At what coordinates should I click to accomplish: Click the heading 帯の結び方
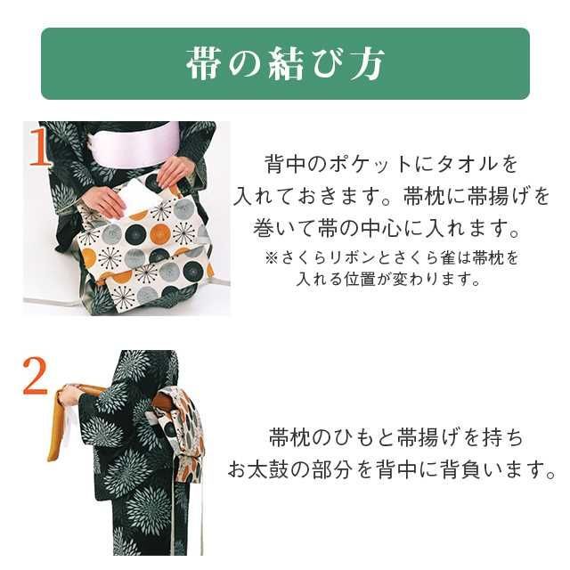pos(285,63)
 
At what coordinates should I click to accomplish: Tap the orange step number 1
pos(39,149)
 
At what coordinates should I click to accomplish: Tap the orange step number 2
pos(34,378)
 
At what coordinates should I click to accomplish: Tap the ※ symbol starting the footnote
pos(271,258)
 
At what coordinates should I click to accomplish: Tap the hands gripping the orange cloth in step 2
pos(70,393)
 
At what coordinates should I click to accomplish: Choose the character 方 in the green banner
pos(366,63)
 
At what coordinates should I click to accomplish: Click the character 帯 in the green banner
pos(204,63)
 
